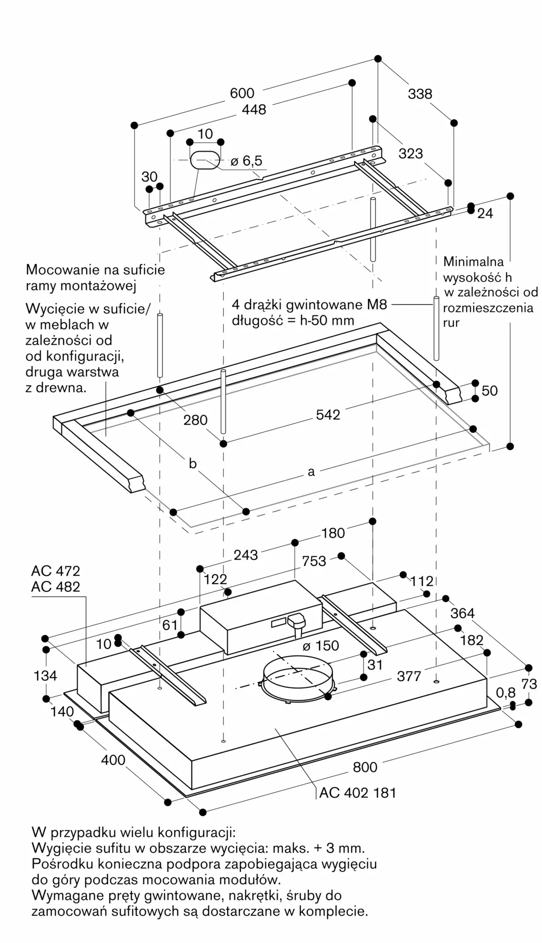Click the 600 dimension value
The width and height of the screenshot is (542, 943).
(242, 93)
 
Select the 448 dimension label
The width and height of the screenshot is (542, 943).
(254, 109)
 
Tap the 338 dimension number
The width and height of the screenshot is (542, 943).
(419, 94)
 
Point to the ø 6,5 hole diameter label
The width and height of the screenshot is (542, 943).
(246, 161)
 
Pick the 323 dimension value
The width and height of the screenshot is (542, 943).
(411, 153)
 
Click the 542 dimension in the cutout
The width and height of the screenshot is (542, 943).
(328, 414)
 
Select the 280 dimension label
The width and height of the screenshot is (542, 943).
(196, 420)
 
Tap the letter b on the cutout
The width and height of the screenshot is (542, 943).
(192, 463)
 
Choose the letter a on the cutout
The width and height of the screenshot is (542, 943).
(311, 471)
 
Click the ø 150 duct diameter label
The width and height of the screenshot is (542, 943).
(320, 645)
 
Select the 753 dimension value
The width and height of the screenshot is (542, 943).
(314, 561)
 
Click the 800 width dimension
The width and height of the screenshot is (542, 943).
(365, 767)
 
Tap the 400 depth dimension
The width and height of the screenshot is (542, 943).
(113, 760)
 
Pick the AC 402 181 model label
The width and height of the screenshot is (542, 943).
(358, 793)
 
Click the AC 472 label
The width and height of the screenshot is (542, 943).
(56, 571)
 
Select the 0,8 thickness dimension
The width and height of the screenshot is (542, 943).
(506, 692)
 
